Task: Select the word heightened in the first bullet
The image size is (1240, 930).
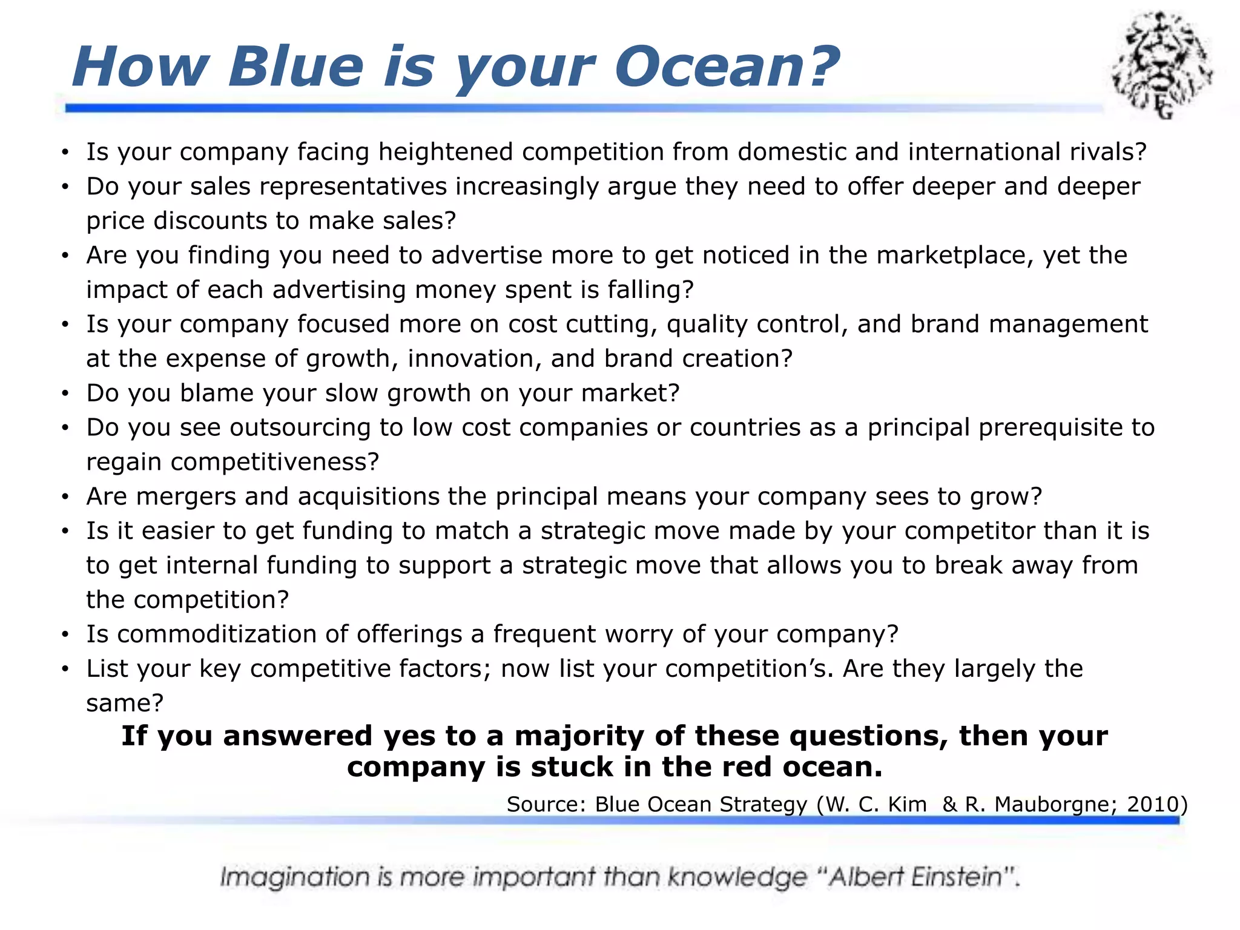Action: (x=446, y=152)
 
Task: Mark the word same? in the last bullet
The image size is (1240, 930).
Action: (x=125, y=704)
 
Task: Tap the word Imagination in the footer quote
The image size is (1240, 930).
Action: (x=294, y=877)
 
